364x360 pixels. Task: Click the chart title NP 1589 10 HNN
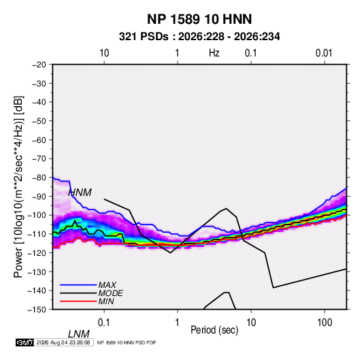click(199, 19)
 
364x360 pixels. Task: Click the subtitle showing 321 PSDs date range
click(199, 37)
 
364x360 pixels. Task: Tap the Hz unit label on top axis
click(214, 53)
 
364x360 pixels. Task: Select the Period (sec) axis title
click(214, 330)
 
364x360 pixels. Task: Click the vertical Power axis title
click(18, 187)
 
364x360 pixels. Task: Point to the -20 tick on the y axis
click(39, 65)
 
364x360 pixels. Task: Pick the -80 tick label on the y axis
click(39, 178)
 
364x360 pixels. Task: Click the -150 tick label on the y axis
click(37, 310)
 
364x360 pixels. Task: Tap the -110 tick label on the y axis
click(37, 234)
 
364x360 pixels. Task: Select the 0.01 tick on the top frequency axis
click(324, 53)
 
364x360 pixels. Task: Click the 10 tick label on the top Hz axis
click(104, 53)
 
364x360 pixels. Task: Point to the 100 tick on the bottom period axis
click(325, 323)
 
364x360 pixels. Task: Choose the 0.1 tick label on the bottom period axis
click(104, 323)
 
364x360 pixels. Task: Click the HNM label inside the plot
click(80, 193)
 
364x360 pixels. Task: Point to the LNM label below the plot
click(78, 334)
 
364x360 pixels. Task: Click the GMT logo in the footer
click(25, 342)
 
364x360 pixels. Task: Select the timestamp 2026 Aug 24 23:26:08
click(63, 342)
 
